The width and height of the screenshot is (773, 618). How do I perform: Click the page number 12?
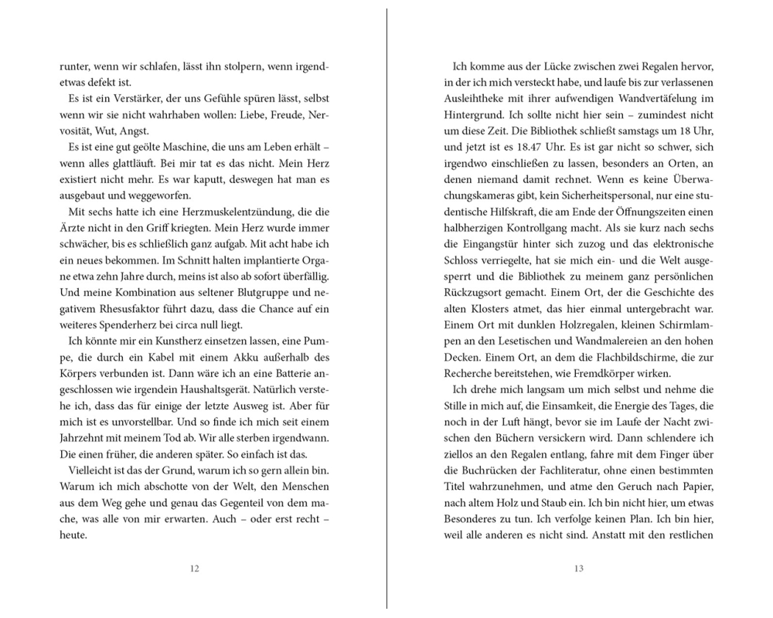point(194,569)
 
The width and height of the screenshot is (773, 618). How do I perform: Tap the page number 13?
point(578,569)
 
